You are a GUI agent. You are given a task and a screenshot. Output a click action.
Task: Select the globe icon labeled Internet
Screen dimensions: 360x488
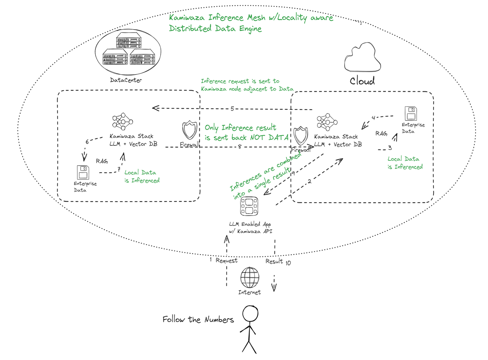click(x=250, y=277)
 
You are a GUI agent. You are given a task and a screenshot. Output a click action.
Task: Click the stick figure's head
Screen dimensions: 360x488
click(x=250, y=315)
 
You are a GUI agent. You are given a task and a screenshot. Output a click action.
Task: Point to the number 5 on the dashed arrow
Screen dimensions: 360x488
click(x=233, y=109)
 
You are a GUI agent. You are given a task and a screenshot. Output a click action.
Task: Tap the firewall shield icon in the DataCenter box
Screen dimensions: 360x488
click(x=189, y=130)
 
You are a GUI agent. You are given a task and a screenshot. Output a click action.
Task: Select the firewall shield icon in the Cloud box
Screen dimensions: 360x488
click(x=300, y=136)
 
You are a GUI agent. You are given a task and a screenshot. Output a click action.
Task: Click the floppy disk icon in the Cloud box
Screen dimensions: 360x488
click(x=411, y=113)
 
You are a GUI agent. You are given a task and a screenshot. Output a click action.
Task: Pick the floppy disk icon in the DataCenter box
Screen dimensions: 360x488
click(x=83, y=173)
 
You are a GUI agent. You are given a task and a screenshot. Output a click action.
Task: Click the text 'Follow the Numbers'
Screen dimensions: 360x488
click(x=198, y=319)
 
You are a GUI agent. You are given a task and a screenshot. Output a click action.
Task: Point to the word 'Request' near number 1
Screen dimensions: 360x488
click(x=227, y=260)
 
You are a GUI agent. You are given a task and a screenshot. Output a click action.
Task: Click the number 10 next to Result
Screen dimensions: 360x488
click(x=288, y=263)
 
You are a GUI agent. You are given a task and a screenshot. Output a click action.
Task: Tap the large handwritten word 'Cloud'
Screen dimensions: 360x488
click(x=362, y=81)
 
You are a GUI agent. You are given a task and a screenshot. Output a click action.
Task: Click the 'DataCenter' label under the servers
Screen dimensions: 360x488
click(x=126, y=80)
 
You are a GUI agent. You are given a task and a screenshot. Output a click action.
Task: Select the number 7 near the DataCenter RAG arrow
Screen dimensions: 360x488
click(x=118, y=170)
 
